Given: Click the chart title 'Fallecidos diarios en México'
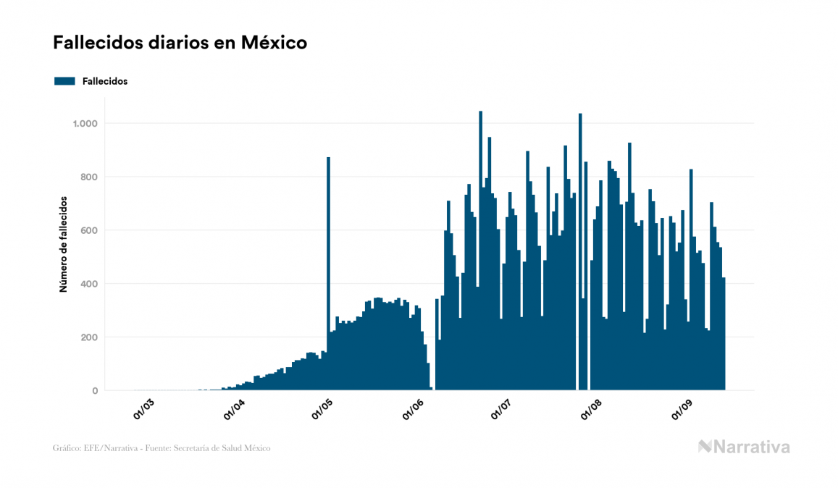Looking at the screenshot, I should click(x=180, y=43).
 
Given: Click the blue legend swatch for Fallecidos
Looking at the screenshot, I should click(x=64, y=81).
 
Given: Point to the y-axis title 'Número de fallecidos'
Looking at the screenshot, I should click(x=63, y=243).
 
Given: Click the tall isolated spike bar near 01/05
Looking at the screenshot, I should click(x=328, y=275).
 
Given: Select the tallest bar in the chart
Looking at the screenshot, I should click(x=481, y=253).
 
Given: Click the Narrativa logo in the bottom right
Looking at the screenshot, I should click(x=744, y=447).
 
